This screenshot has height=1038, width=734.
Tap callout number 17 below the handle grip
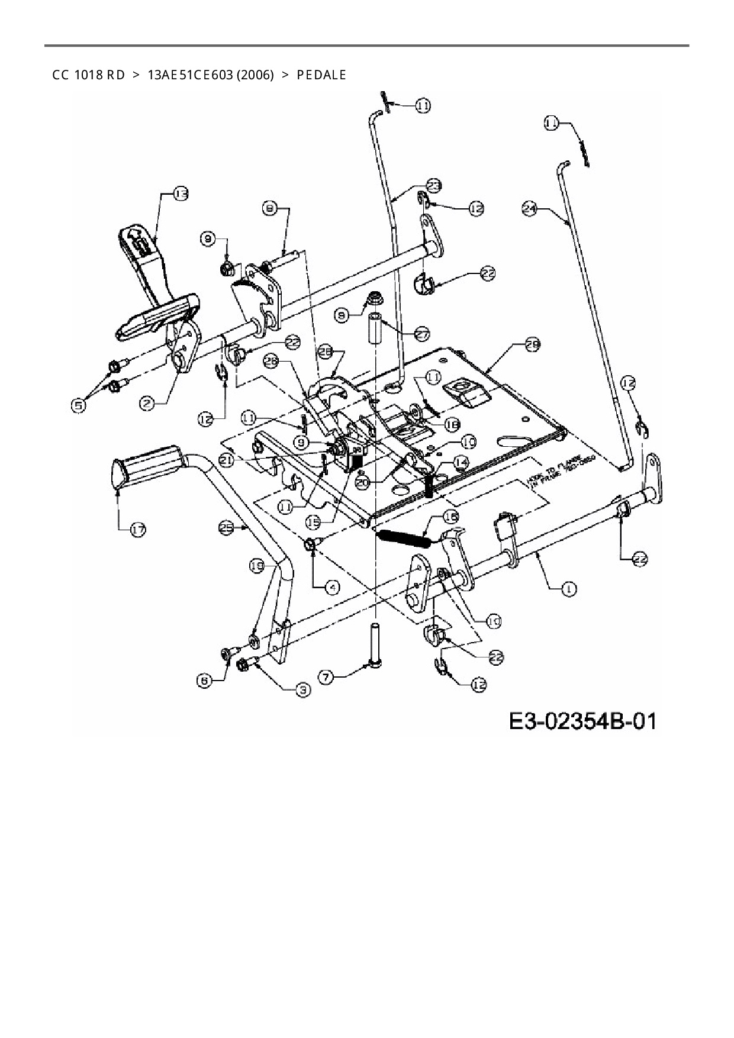[137, 530]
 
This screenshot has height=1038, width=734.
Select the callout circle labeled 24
[530, 208]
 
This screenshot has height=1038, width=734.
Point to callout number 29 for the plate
[532, 344]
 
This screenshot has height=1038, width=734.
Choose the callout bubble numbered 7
[326, 676]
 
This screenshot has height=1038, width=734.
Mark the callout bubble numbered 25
[226, 527]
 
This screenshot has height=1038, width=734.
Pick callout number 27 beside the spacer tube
[421, 334]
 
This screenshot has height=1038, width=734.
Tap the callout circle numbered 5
[78, 405]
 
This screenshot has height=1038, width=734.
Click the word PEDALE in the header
[321, 75]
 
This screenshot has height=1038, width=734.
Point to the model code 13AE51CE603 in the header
[210, 75]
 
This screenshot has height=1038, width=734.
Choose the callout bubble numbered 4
[334, 587]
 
